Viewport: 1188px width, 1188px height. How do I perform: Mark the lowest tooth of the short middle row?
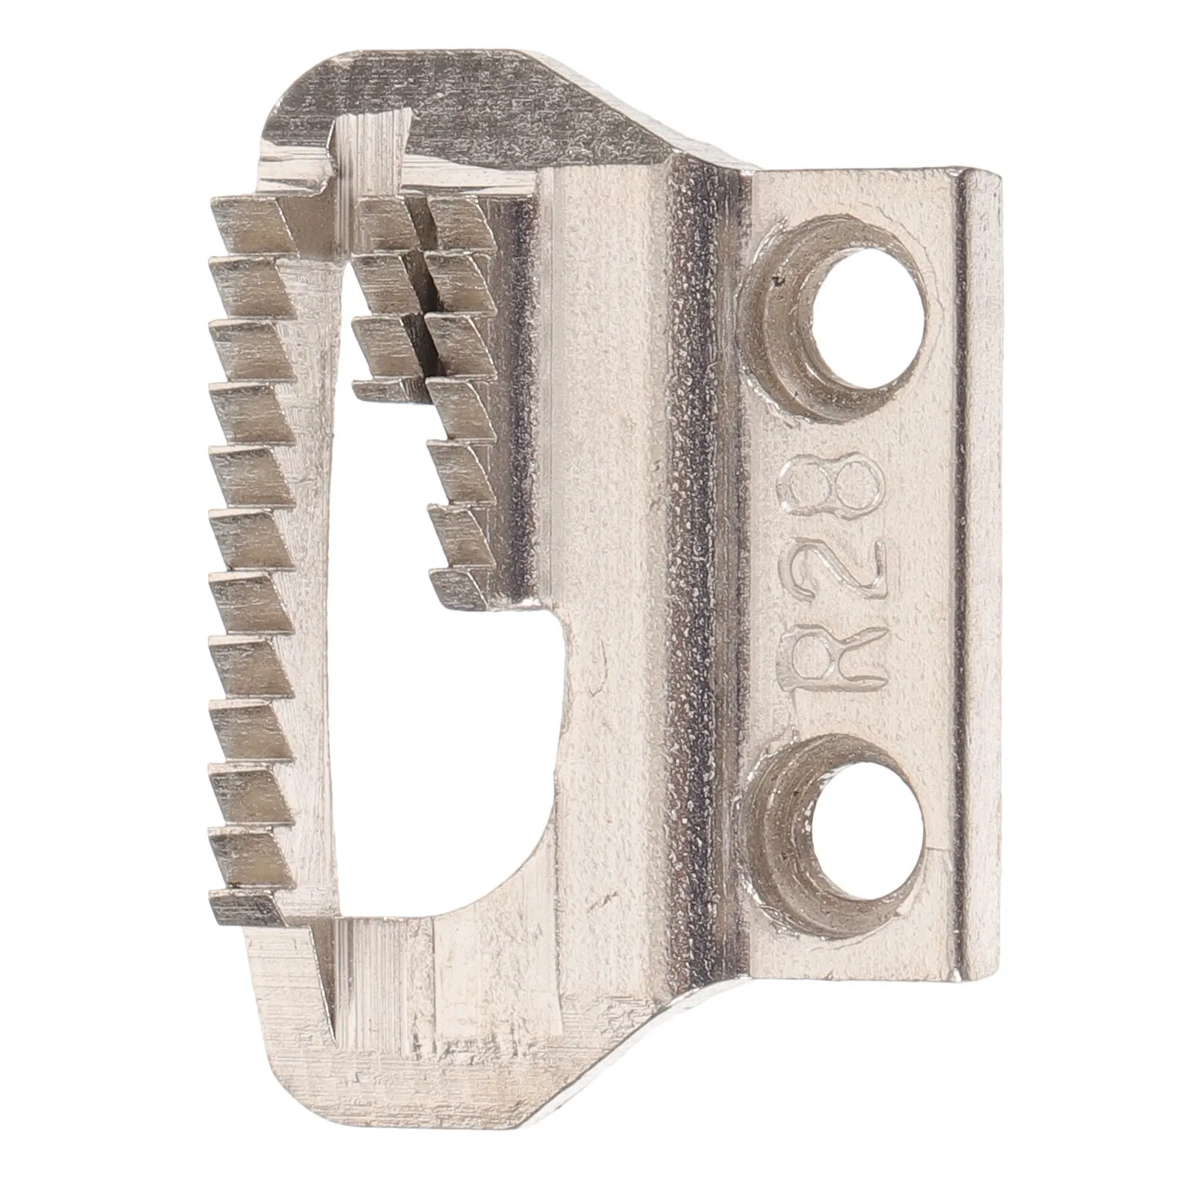point(379,388)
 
